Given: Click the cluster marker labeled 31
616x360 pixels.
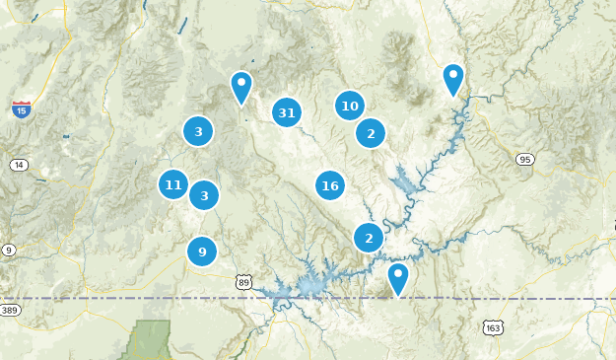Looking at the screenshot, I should pyautogui.click(x=287, y=113).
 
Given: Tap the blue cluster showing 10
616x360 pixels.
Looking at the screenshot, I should pyautogui.click(x=349, y=106).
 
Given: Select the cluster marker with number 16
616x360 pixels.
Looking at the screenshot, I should pyautogui.click(x=330, y=185).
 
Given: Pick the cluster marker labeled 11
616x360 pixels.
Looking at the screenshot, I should pyautogui.click(x=173, y=184).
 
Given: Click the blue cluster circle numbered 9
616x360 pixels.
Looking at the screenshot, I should pyautogui.click(x=202, y=252).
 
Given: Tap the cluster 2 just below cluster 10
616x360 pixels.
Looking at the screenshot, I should pyautogui.click(x=371, y=133).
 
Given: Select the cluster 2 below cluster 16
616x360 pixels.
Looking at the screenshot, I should pyautogui.click(x=369, y=238).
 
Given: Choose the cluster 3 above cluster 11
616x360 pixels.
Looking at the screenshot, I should pyautogui.click(x=198, y=131).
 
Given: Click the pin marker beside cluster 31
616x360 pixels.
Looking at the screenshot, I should pyautogui.click(x=241, y=86).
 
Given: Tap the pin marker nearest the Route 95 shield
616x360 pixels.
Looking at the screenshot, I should pyautogui.click(x=452, y=78).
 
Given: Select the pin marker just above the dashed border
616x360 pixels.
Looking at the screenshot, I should pyautogui.click(x=398, y=277).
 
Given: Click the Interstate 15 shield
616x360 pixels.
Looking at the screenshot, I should pyautogui.click(x=21, y=109).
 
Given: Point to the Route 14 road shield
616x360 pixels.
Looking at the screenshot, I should pyautogui.click(x=19, y=165).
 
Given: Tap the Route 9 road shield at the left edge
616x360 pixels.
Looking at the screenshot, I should pyautogui.click(x=8, y=250).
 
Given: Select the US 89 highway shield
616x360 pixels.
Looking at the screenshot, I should pyautogui.click(x=243, y=282).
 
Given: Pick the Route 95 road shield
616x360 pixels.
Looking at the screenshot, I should pyautogui.click(x=525, y=159).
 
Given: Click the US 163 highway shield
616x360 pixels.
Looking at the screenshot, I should pyautogui.click(x=493, y=326).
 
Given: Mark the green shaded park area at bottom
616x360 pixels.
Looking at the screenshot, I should pyautogui.click(x=150, y=341).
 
